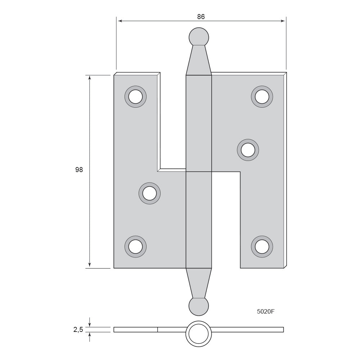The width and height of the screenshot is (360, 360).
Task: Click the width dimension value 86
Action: [201, 17]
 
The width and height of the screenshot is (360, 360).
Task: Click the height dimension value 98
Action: [79, 170]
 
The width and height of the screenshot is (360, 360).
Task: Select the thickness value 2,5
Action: [78, 330]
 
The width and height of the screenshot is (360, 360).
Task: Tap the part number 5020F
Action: [266, 311]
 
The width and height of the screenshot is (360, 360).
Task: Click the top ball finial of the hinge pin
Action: [199, 37]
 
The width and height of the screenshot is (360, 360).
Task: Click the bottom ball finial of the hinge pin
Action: [199, 306]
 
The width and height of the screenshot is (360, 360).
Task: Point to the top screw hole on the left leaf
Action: [135, 96]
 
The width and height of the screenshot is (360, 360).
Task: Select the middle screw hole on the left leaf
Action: [149, 193]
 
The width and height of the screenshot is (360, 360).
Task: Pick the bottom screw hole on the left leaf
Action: [135, 247]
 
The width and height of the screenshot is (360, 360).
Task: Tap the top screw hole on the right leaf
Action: [262, 96]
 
